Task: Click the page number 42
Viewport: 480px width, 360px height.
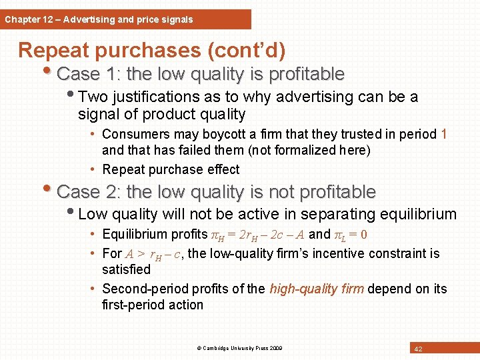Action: point(418,349)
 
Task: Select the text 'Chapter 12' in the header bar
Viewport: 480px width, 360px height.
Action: point(26,19)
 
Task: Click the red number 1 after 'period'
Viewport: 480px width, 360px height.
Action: point(444,135)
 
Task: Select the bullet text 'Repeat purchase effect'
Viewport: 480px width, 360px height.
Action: point(171,169)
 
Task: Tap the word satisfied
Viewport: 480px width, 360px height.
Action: point(126,269)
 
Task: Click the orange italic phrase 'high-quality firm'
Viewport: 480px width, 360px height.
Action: point(317,289)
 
